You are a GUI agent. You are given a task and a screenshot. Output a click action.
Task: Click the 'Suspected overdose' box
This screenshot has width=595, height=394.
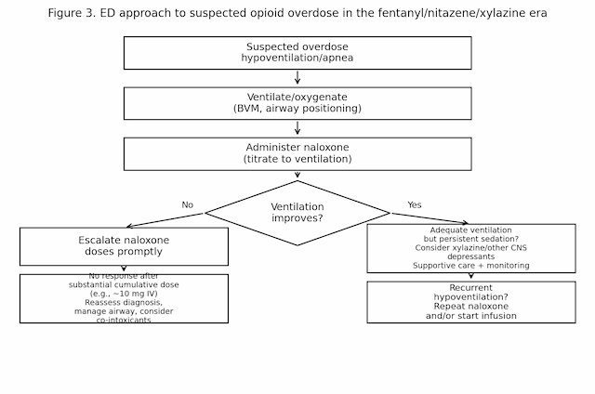(297, 53)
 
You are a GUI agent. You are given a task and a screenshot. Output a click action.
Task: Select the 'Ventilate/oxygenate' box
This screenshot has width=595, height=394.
(297, 103)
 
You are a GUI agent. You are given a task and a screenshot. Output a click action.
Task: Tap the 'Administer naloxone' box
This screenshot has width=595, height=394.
(297, 153)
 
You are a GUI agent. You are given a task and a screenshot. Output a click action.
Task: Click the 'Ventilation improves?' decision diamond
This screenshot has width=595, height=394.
(297, 213)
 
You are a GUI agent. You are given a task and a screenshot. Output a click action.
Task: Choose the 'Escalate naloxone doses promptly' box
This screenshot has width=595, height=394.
(124, 246)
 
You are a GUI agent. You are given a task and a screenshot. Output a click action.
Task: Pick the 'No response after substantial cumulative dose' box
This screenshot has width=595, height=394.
(124, 298)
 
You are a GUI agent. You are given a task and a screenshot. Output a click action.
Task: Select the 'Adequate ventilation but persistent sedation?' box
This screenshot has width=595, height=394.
(470, 248)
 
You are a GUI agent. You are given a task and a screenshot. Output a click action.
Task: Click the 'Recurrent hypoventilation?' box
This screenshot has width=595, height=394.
(470, 302)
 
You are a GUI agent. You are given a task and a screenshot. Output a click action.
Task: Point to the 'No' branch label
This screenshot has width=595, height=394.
(188, 204)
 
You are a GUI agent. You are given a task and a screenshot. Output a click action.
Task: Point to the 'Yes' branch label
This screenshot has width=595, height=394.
(415, 204)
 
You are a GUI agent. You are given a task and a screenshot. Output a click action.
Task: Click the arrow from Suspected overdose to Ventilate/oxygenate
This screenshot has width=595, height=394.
(297, 78)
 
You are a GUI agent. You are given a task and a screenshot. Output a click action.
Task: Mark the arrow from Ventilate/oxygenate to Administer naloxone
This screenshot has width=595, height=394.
(297, 128)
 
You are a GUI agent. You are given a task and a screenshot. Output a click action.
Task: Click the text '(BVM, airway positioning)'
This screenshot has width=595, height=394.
(297, 109)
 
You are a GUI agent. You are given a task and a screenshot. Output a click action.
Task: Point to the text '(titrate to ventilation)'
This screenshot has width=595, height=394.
(297, 159)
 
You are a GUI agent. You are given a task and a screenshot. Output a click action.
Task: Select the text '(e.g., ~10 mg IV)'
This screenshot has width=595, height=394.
(124, 293)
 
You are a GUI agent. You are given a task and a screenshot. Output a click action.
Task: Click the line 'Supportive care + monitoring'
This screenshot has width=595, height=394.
(470, 266)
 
